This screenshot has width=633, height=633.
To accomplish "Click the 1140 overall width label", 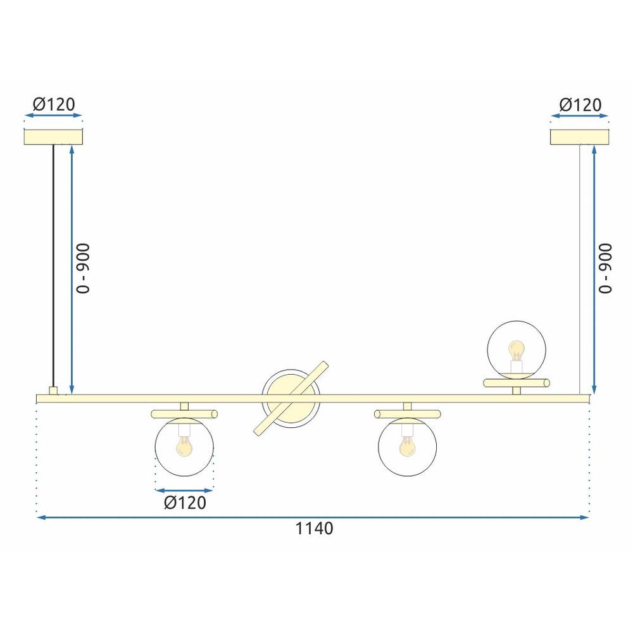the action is pos(315,529).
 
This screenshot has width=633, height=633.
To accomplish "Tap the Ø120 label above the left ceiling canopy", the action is pos(54,104).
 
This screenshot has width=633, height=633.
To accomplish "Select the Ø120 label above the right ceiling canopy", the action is pos(580,105).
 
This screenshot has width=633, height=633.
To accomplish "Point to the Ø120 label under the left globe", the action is pos(185,503).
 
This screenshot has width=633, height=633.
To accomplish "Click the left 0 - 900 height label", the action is pos(83,268).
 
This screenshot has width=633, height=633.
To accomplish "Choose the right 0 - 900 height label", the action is pos(605,268).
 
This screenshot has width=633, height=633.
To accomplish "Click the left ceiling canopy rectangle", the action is pos(54,137).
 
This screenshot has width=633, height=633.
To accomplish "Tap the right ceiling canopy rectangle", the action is pos(580,137).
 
